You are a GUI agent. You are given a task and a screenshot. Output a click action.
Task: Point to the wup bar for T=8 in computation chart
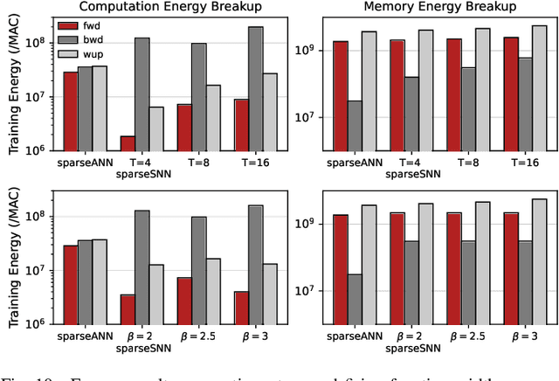(212, 117)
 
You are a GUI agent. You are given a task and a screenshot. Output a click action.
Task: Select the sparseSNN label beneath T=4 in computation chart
(141, 174)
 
